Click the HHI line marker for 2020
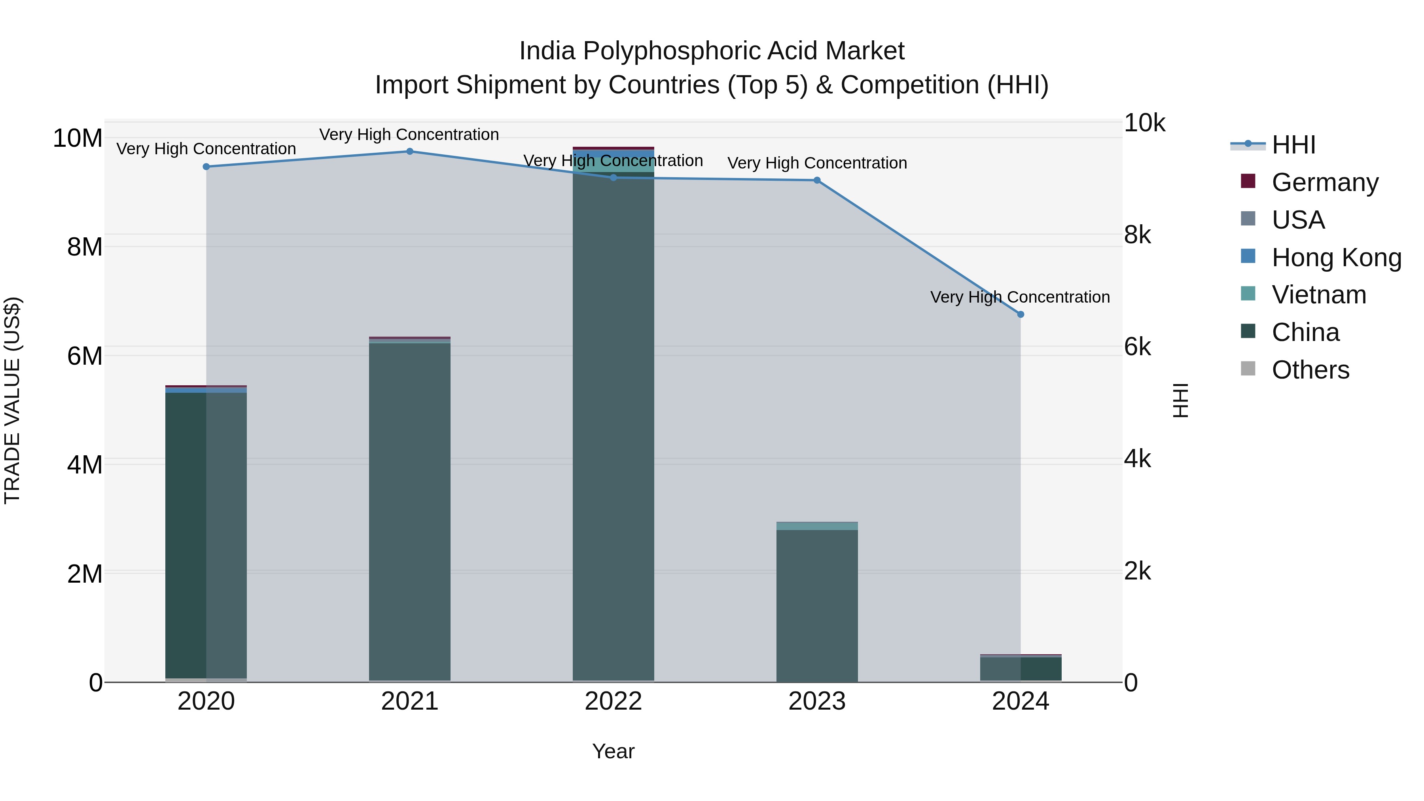[206, 167]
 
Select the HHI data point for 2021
[410, 151]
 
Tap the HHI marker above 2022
[613, 178]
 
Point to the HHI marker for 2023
[817, 180]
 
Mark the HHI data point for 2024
[1021, 314]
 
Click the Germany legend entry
[1324, 182]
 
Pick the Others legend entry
[1310, 370]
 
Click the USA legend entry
[1298, 220]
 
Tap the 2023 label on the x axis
[817, 701]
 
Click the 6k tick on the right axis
[1138, 347]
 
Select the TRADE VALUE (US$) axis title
[12, 400]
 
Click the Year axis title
[613, 751]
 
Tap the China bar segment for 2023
[817, 605]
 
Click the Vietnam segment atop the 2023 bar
[817, 526]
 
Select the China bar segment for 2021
[410, 511]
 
